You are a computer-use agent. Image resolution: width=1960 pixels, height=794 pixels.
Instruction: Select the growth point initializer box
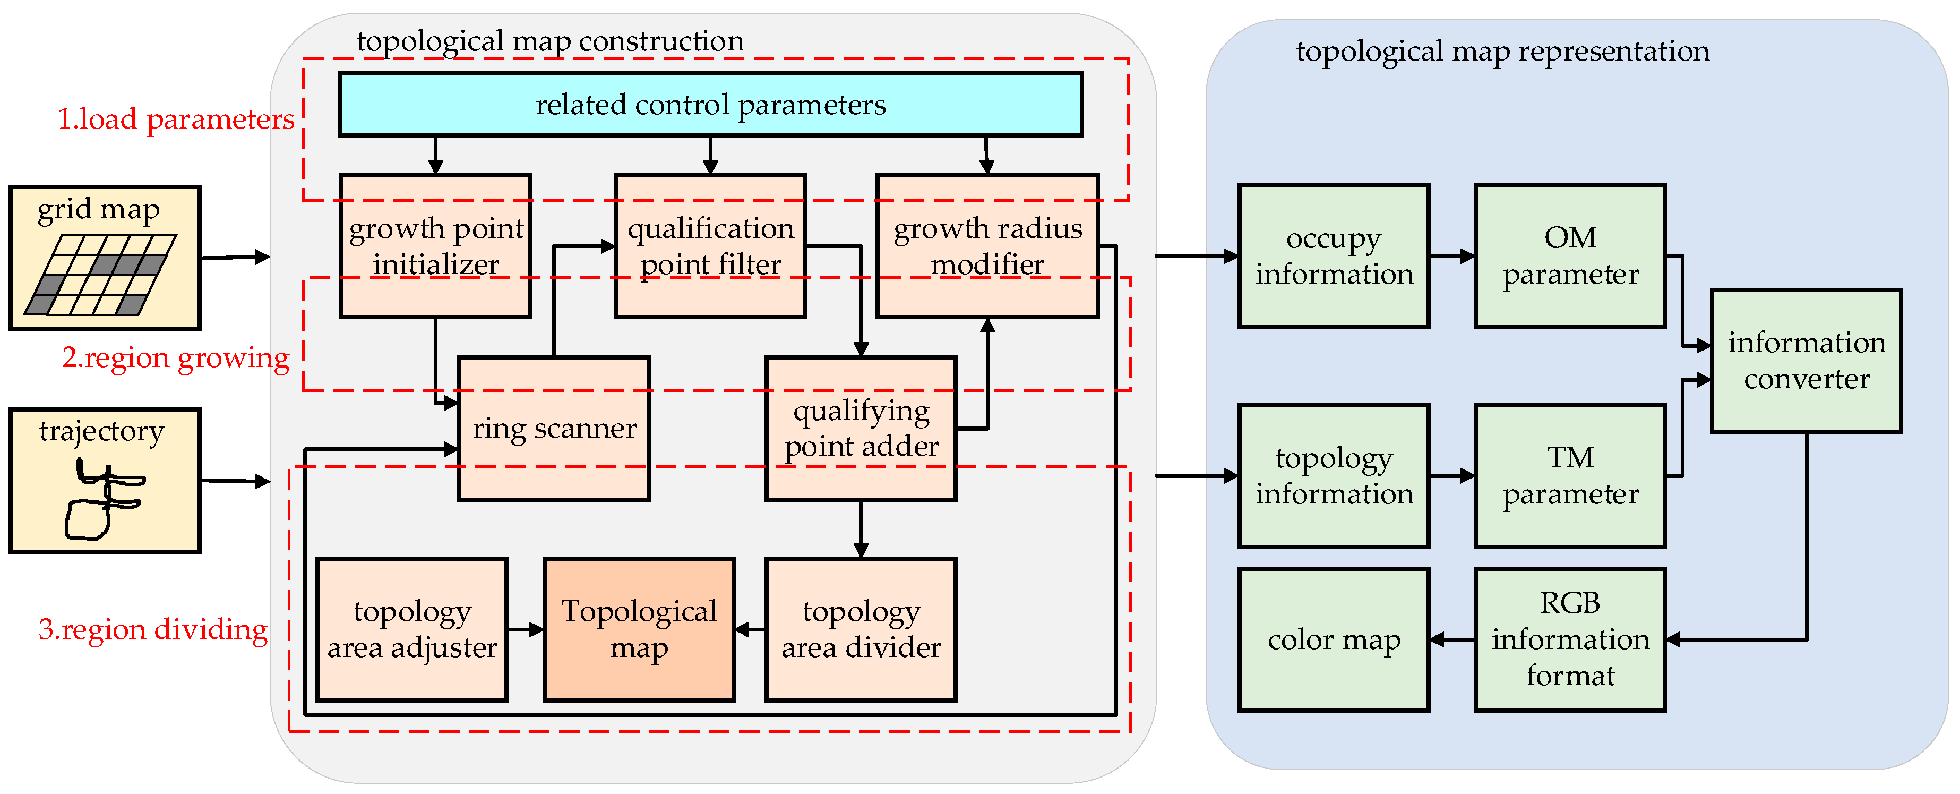pyautogui.click(x=435, y=246)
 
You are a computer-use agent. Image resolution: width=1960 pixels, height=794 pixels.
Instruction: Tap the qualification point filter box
pyautogui.click(x=710, y=246)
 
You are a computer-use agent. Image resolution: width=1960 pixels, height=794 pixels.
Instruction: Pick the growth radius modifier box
pyautogui.click(x=987, y=246)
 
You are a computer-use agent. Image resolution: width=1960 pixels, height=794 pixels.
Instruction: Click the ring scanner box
pyautogui.click(x=553, y=429)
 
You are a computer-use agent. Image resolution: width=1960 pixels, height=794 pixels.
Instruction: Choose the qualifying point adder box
pyautogui.click(x=861, y=429)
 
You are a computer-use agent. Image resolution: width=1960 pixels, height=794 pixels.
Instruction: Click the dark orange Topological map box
pyautogui.click(x=638, y=629)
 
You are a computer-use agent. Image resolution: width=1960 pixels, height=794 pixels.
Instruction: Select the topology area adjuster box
pyautogui.click(x=411, y=629)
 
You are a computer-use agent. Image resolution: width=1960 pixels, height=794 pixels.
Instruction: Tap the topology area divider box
pyautogui.click(x=861, y=629)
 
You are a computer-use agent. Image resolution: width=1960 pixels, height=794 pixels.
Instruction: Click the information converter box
pyautogui.click(x=1806, y=361)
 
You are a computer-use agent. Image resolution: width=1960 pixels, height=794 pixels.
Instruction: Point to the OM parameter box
pyautogui.click(x=1570, y=257)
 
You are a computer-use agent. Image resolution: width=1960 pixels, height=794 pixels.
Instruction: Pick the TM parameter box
pyautogui.click(x=1570, y=476)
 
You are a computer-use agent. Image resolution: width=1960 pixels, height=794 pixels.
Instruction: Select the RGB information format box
pyautogui.click(x=1570, y=639)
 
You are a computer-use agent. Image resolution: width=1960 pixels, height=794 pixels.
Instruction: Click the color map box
pyautogui.click(x=1333, y=639)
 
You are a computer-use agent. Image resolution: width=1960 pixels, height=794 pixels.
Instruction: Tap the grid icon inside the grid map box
pyautogui.click(x=100, y=275)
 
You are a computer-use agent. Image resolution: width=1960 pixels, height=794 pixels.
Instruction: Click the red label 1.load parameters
pyautogui.click(x=176, y=119)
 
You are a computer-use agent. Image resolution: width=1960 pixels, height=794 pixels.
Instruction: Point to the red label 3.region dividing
pyautogui.click(x=153, y=629)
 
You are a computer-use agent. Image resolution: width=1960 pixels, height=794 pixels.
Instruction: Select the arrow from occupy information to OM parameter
pyautogui.click(x=1452, y=257)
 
